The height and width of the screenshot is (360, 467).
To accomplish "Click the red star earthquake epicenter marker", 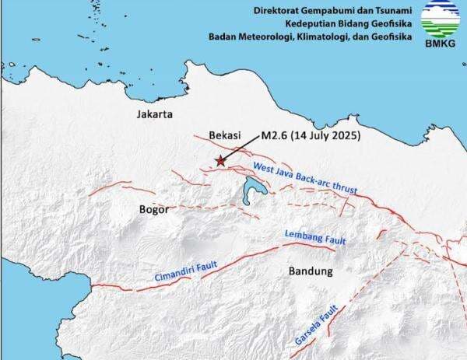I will pyautogui.click(x=221, y=161).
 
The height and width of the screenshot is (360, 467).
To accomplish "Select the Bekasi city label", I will pyautogui.click(x=223, y=135).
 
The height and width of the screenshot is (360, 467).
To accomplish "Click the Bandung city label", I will pyautogui.click(x=311, y=271).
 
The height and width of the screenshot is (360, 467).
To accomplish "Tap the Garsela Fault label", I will pyautogui.click(x=314, y=326).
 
